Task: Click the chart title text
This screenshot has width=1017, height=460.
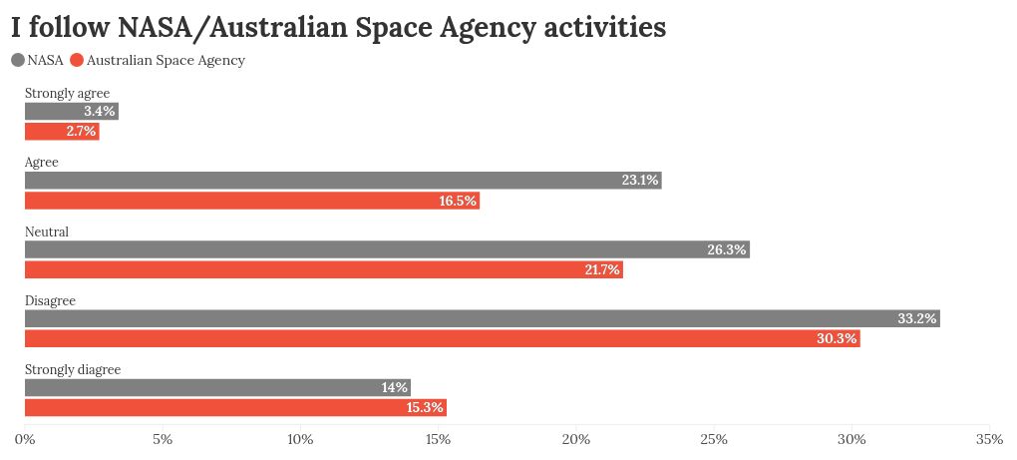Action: click(338, 28)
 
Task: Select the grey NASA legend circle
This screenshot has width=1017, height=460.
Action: click(18, 60)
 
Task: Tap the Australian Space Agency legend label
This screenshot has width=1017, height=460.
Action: click(166, 60)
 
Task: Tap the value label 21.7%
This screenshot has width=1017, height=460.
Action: click(602, 269)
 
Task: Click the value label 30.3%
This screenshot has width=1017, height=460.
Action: click(837, 339)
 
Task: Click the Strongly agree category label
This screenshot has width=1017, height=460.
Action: click(67, 94)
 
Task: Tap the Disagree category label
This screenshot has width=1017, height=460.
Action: click(50, 300)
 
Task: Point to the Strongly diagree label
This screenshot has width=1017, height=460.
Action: click(72, 369)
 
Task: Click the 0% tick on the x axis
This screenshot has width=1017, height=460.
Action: click(25, 439)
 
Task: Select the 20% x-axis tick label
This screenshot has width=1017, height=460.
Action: click(576, 439)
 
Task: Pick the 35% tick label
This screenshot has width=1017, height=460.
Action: click(989, 439)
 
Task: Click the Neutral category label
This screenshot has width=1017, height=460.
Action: click(46, 231)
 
